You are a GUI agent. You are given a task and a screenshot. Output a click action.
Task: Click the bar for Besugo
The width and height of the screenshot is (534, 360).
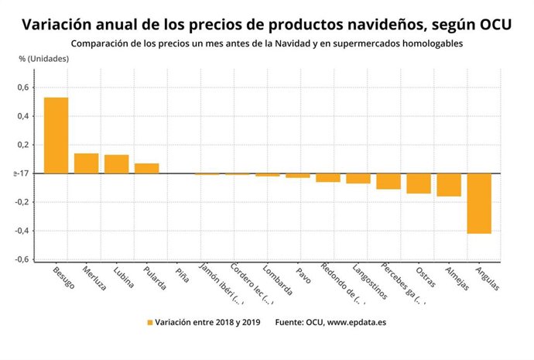tap(56, 135)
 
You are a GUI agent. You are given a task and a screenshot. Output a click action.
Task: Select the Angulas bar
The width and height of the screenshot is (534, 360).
tap(479, 203)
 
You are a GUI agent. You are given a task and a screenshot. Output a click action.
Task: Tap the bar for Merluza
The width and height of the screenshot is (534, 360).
tap(86, 163)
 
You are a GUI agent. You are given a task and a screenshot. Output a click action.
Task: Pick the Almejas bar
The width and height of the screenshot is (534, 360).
tap(449, 184)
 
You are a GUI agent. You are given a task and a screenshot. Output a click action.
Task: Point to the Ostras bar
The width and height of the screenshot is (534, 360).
tap(419, 183)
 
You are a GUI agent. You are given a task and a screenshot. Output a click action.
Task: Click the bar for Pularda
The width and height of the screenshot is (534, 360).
tap(146, 168)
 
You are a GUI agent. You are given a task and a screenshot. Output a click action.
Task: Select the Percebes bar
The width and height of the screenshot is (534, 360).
tap(389, 181)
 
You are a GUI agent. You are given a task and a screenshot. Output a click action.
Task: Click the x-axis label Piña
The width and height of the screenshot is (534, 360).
tap(181, 274)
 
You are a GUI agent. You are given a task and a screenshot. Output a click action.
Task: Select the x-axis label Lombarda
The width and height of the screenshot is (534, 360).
tap(277, 281)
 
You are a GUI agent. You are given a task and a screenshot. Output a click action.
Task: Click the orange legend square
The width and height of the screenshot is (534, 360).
tap(149, 322)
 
